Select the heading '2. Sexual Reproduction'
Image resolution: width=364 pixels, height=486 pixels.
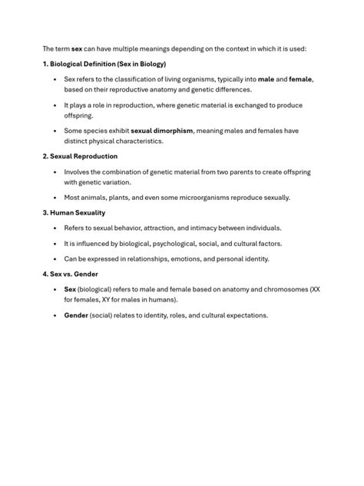click(80, 156)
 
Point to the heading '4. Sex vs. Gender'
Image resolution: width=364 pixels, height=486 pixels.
click(71, 274)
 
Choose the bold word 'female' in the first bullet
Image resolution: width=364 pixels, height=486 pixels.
click(300, 79)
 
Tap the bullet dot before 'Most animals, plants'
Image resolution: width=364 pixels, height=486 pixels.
click(55, 198)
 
